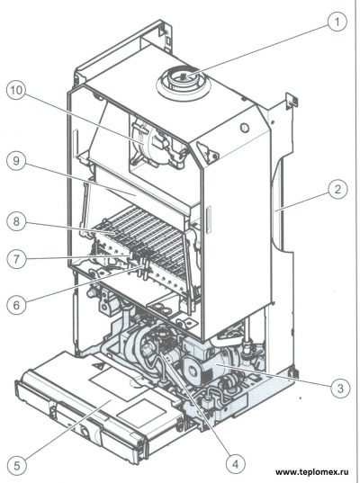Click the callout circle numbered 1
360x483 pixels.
click(337, 22)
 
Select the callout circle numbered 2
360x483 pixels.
click(337, 189)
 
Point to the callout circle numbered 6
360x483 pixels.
click(16, 305)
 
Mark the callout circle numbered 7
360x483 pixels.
click(16, 258)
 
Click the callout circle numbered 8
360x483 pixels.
click(16, 221)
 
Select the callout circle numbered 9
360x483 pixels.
click(16, 162)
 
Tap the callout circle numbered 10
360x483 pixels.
click(16, 92)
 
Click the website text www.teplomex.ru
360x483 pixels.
click(312, 472)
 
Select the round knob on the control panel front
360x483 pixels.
click(84, 430)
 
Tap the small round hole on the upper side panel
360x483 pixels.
click(245, 127)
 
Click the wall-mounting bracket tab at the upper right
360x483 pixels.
click(291, 101)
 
